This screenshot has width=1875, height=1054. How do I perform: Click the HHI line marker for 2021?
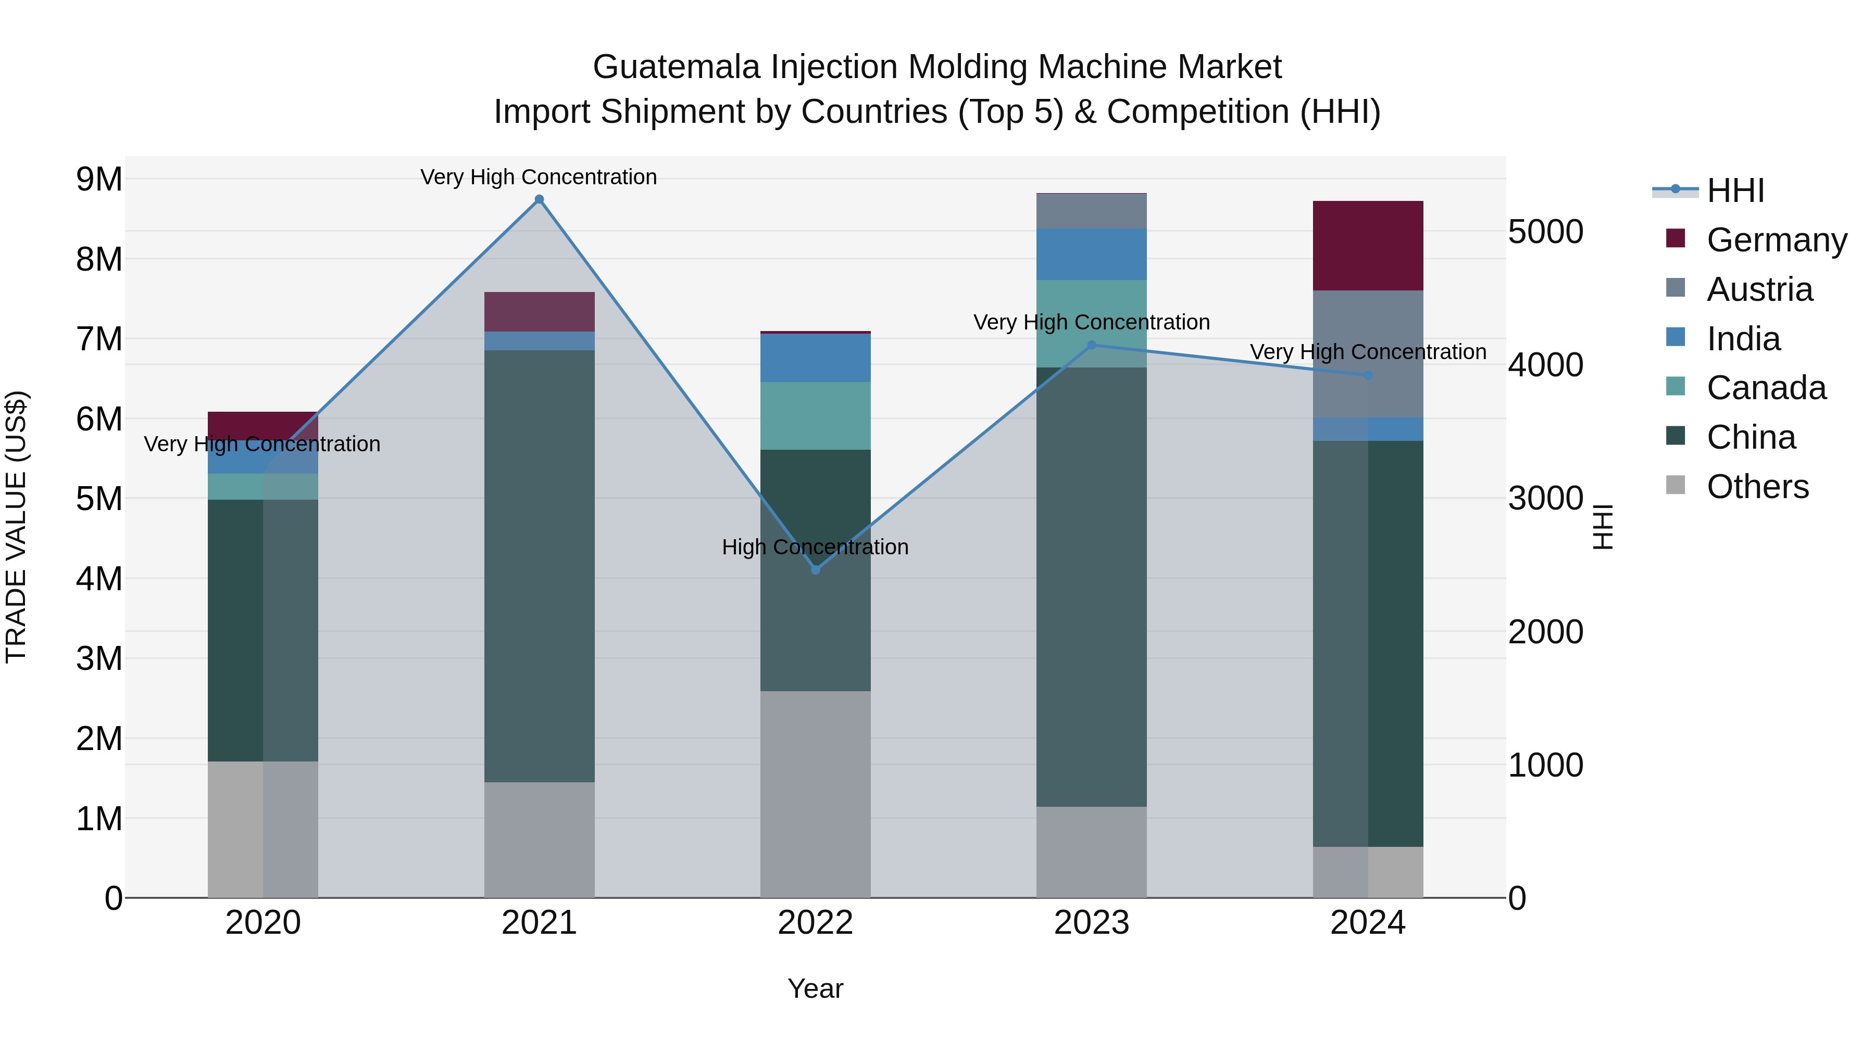click(540, 199)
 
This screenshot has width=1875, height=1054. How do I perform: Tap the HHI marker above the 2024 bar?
click(1368, 375)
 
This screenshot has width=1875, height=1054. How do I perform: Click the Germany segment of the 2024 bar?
click(1368, 246)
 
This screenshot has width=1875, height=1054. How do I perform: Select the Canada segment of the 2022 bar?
click(815, 415)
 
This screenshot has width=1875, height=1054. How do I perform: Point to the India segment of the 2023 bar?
click(1091, 254)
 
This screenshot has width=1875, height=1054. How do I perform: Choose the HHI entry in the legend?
click(1735, 191)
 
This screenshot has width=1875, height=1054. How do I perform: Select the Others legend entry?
click(1757, 487)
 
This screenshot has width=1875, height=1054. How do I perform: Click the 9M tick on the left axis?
click(99, 179)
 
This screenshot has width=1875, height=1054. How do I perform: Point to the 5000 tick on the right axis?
click(1545, 232)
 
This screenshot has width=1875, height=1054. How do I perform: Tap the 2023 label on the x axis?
click(1091, 923)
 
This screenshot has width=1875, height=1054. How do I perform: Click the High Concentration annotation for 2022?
click(815, 547)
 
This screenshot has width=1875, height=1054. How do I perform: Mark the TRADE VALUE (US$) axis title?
click(16, 527)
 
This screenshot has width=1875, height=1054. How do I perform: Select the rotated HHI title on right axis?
click(1604, 527)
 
